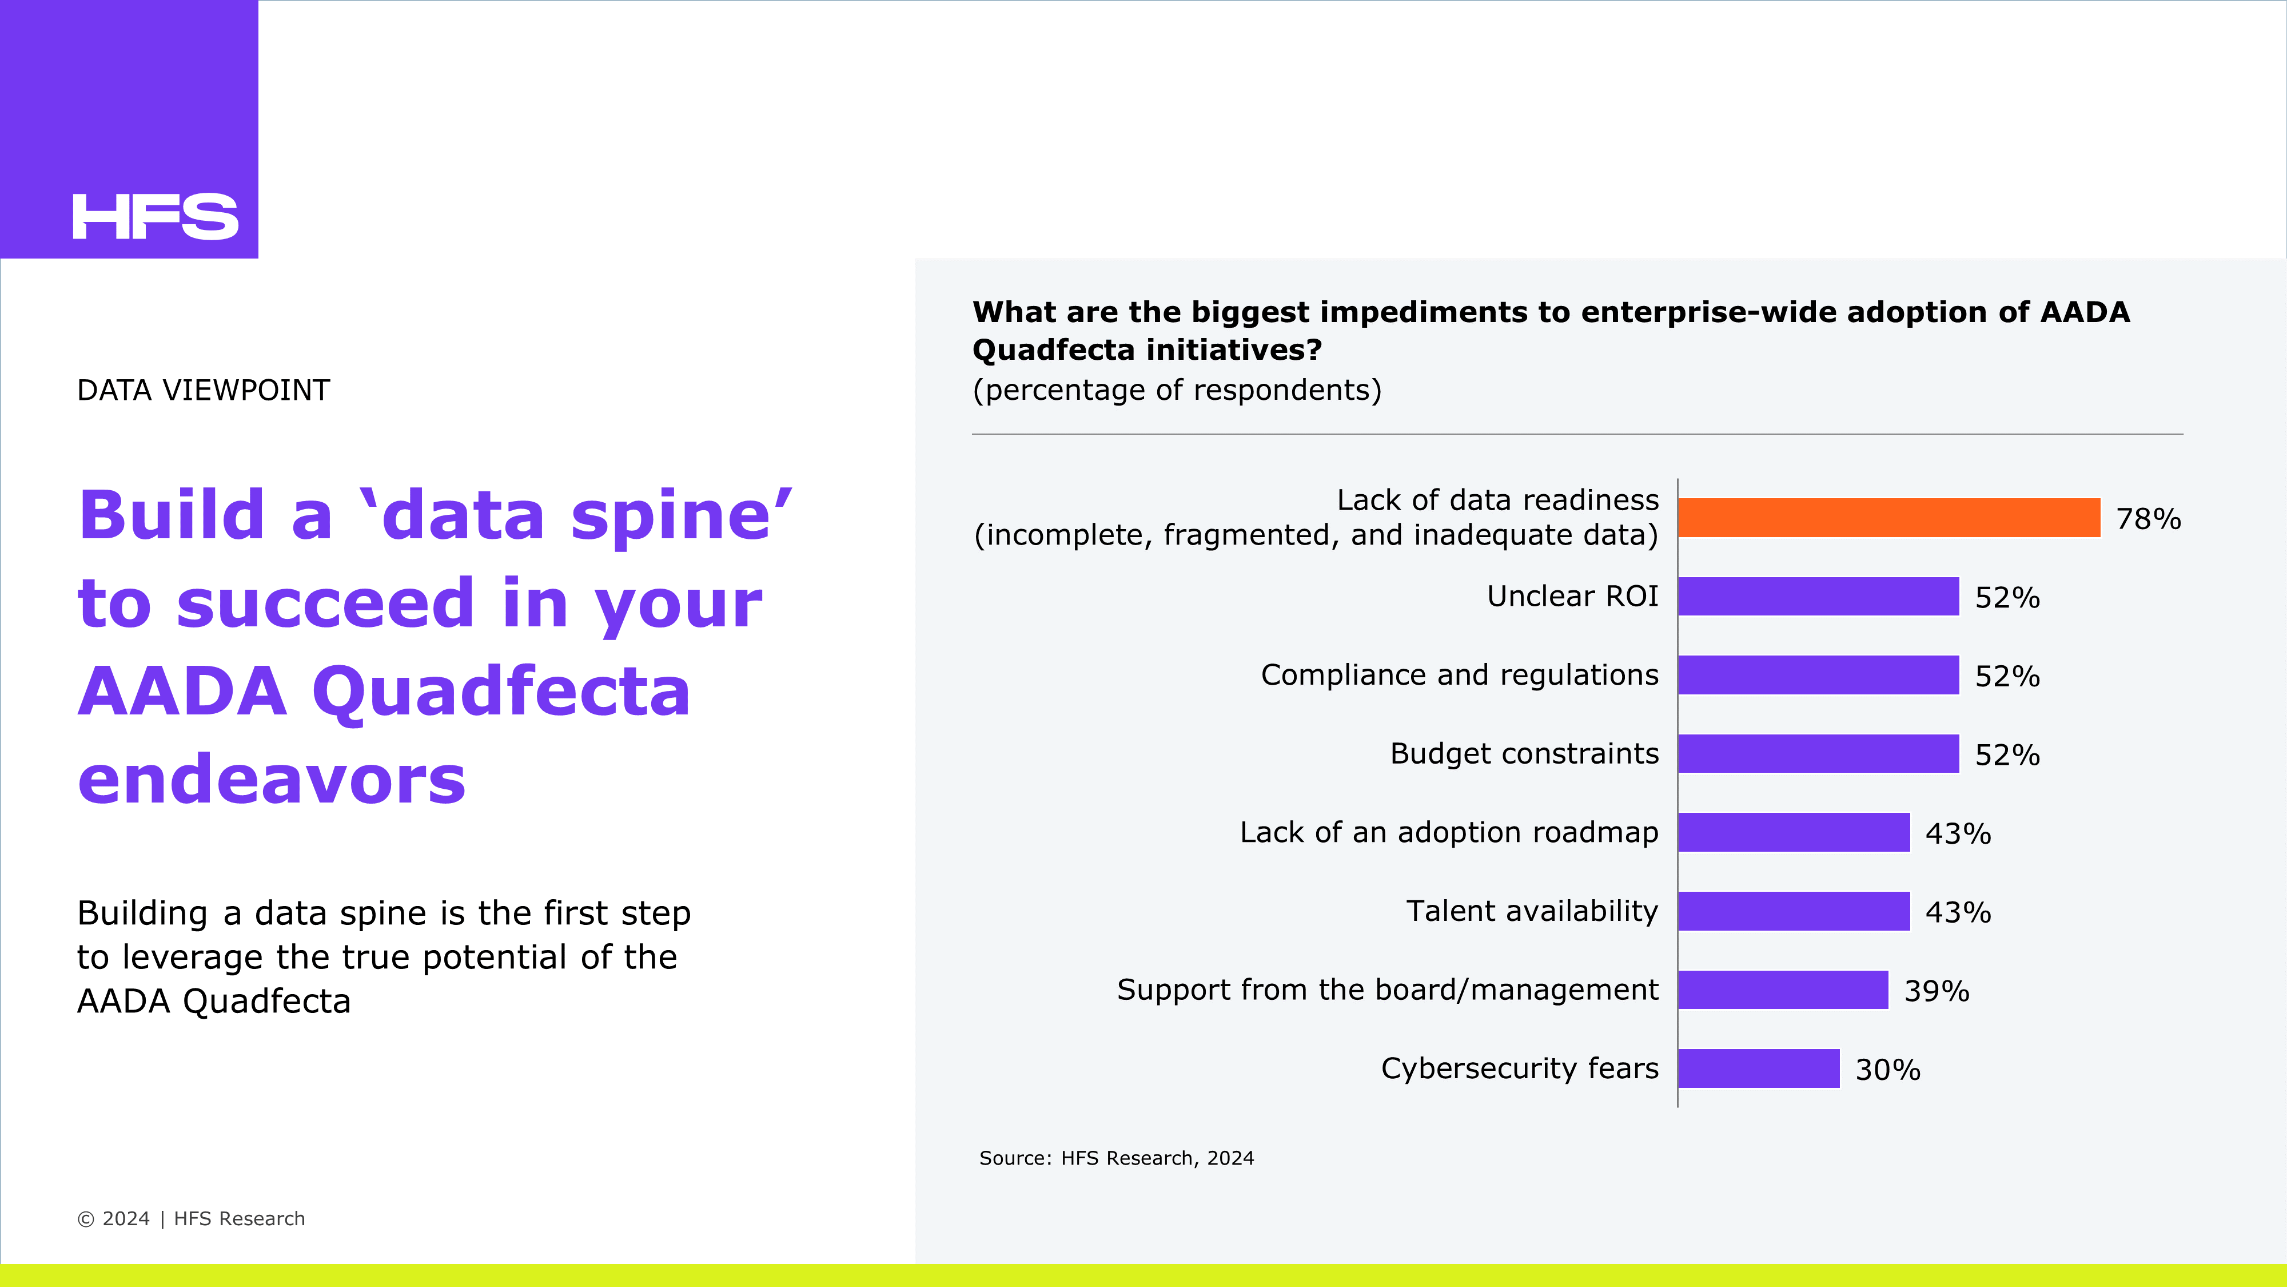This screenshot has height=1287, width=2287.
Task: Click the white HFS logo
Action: coord(156,217)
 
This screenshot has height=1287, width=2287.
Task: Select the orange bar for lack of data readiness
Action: coord(1889,518)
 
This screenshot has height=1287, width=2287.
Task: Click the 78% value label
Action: coord(2149,519)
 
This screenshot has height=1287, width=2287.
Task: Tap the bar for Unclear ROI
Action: coord(1818,596)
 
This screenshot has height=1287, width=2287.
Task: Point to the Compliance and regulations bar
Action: coord(1818,675)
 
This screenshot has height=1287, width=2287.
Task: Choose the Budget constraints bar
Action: coord(1818,753)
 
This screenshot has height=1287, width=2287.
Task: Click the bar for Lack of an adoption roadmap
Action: coord(1794,832)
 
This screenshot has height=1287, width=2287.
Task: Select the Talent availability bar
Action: coord(1794,911)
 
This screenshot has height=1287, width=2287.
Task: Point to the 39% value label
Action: coord(1937,990)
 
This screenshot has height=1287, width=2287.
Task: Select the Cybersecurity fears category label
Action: coord(1520,1067)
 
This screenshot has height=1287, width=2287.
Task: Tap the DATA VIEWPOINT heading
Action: coord(204,390)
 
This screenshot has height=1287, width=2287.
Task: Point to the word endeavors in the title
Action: coord(272,779)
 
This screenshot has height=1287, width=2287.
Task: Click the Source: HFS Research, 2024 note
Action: coord(1117,1158)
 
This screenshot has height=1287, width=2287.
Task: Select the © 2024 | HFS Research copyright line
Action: coord(191,1218)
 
